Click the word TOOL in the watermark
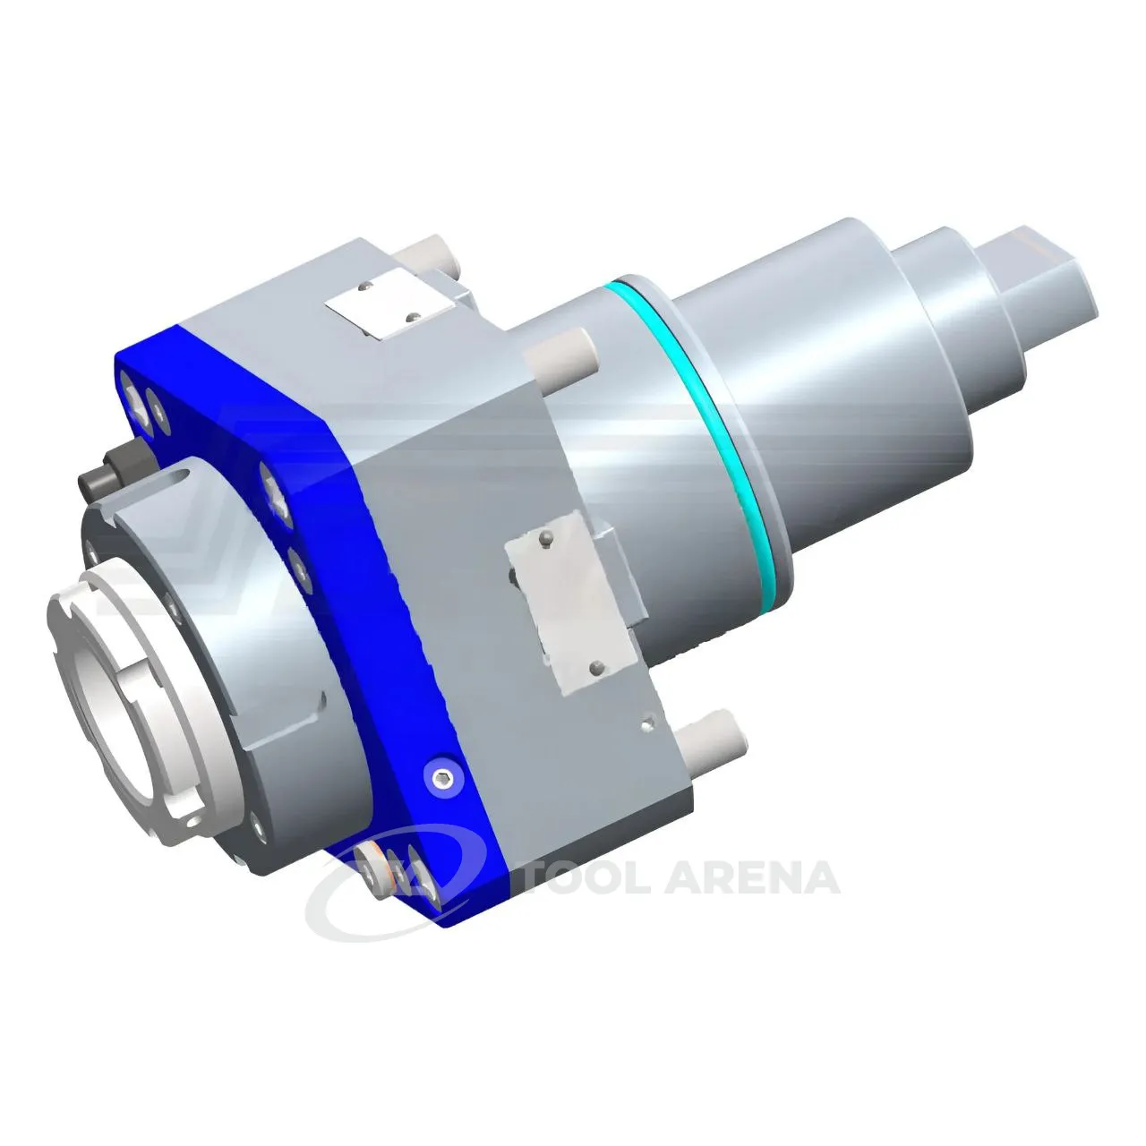[594, 877]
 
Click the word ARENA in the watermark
[759, 877]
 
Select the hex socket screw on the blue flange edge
[440, 780]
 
